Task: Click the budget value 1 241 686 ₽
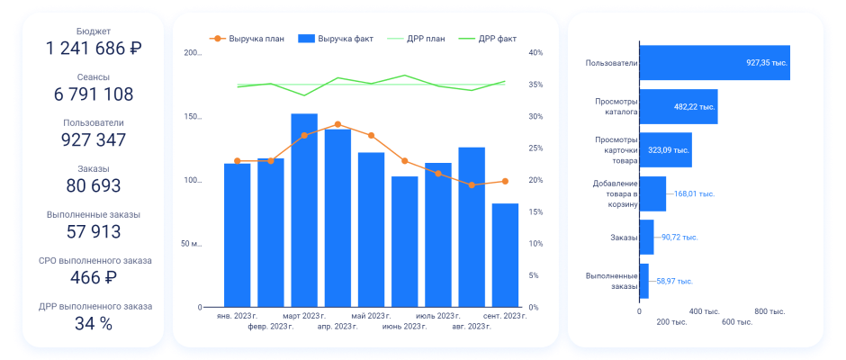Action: click(x=94, y=49)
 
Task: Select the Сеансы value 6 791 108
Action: click(x=94, y=94)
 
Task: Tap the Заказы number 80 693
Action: click(x=94, y=186)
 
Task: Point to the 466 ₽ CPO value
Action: click(x=94, y=278)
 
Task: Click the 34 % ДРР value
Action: click(x=94, y=324)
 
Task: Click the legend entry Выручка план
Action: click(x=249, y=39)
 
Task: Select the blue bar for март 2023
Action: click(x=304, y=211)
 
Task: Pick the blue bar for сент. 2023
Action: click(x=505, y=256)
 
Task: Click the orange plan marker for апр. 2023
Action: click(x=337, y=124)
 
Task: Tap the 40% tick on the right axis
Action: click(x=535, y=53)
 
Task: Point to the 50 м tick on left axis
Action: click(x=191, y=244)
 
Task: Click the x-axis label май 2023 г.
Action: click(x=371, y=317)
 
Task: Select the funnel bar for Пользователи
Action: click(x=715, y=63)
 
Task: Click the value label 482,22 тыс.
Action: click(x=694, y=106)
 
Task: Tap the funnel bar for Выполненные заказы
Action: click(x=643, y=281)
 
